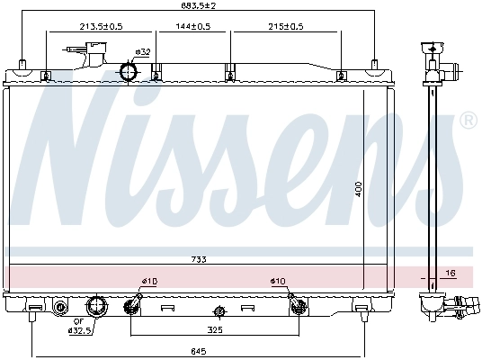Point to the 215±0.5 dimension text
285,26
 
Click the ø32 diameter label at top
141,51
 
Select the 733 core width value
199,259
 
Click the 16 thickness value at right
452,271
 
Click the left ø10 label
149,282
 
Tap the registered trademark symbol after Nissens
468,120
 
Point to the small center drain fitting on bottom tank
218,312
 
